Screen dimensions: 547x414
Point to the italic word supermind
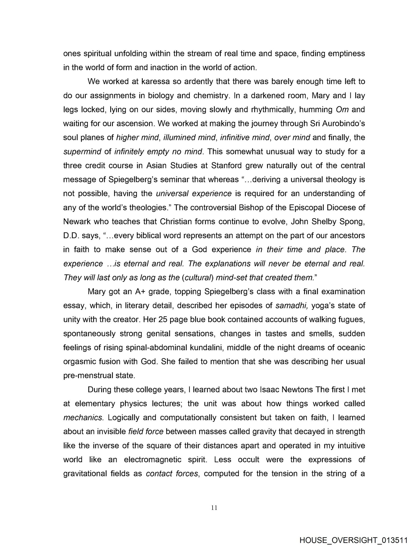tap(82, 152)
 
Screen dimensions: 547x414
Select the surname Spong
tap(351, 222)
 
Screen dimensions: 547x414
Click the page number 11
tap(215, 507)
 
